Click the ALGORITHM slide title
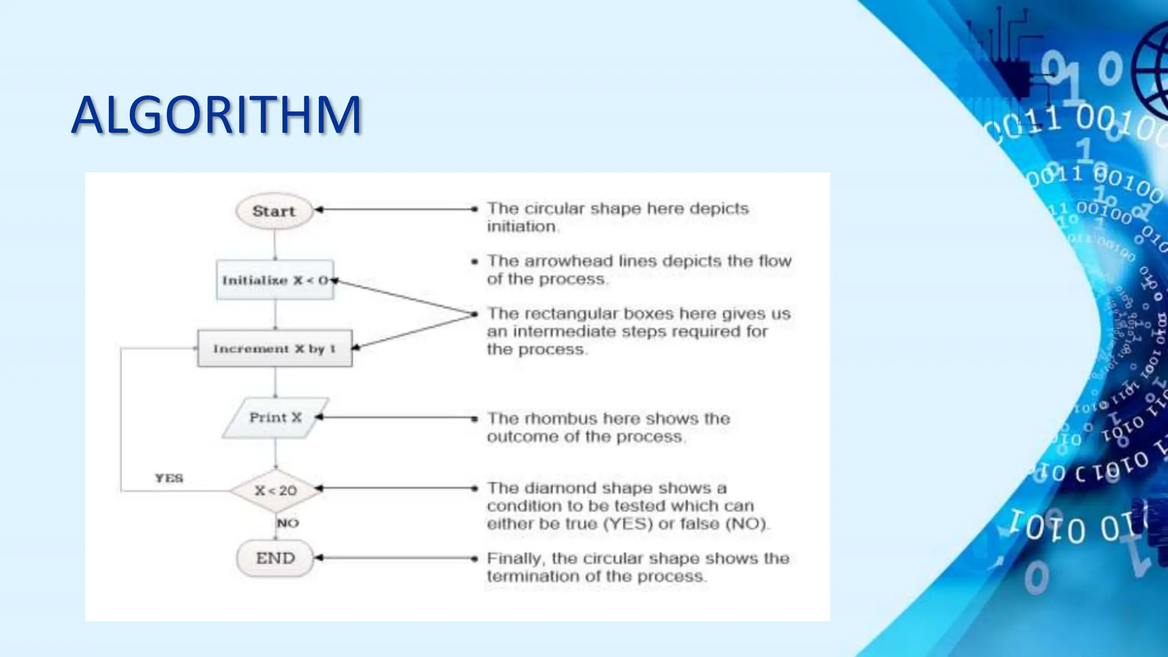click(217, 116)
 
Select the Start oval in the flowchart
click(274, 211)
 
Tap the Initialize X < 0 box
click(275, 280)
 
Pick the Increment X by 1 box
click(274, 348)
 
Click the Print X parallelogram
click(275, 417)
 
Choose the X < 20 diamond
click(275, 490)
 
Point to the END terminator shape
click(275, 558)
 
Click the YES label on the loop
click(169, 478)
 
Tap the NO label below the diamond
click(287, 523)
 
